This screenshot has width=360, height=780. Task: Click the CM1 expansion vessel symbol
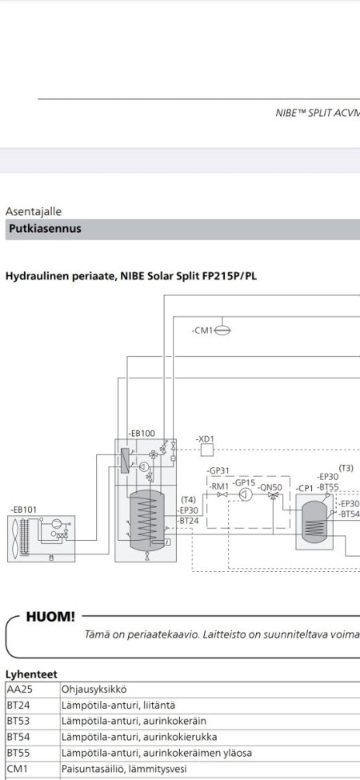[222, 330]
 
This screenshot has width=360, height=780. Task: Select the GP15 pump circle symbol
[242, 494]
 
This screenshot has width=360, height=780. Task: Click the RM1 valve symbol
[222, 494]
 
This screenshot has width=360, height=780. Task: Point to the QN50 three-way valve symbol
[273, 495]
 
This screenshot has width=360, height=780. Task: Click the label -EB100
[142, 434]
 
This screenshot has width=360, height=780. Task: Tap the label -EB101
[23, 510]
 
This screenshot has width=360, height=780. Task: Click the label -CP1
[304, 489]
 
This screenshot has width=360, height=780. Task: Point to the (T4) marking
[189, 499]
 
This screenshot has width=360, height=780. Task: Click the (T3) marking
[346, 468]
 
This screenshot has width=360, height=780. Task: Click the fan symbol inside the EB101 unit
[16, 538]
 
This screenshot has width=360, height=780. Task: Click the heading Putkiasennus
[45, 230]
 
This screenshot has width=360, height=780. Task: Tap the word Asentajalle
[34, 211]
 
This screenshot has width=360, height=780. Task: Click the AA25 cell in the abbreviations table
[33, 690]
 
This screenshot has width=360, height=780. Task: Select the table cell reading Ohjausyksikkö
[94, 690]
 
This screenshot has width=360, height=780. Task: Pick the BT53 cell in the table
[33, 721]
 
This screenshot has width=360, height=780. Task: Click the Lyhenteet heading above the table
[31, 674]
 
